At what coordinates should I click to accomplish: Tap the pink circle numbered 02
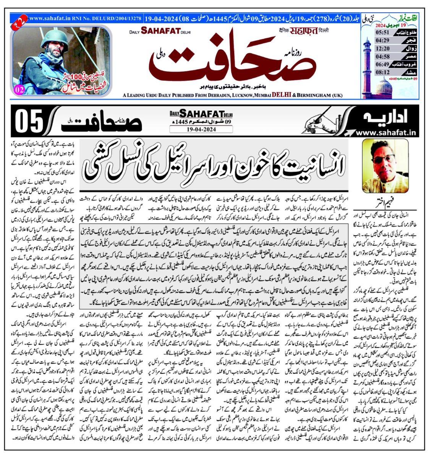tap(18, 90)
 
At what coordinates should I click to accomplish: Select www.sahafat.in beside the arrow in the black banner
tap(386, 133)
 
